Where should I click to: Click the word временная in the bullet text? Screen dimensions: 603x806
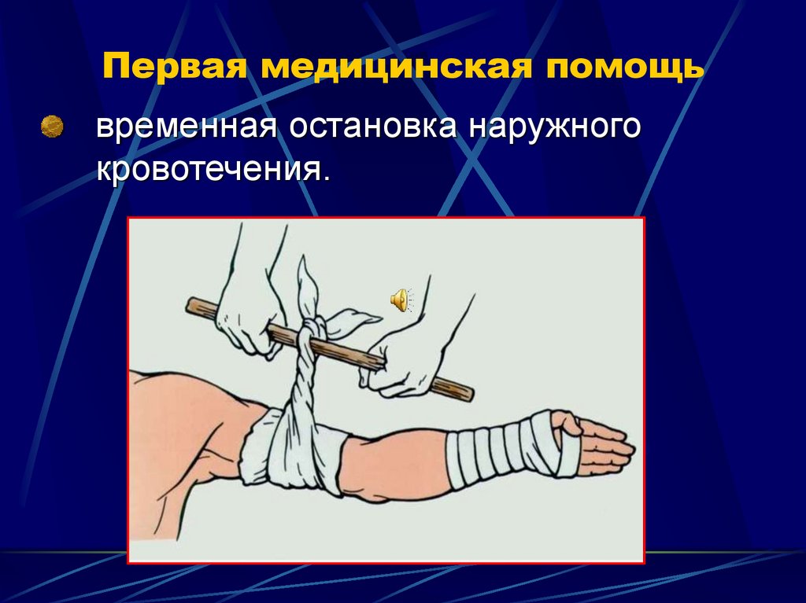click(186, 128)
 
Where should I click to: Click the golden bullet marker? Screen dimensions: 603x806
click(53, 126)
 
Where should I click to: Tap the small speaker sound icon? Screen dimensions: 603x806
click(399, 300)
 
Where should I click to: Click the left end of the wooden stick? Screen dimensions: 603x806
click(192, 304)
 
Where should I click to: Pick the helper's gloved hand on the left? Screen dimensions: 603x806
click(244, 314)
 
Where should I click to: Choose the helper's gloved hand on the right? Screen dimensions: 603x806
click(401, 362)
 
